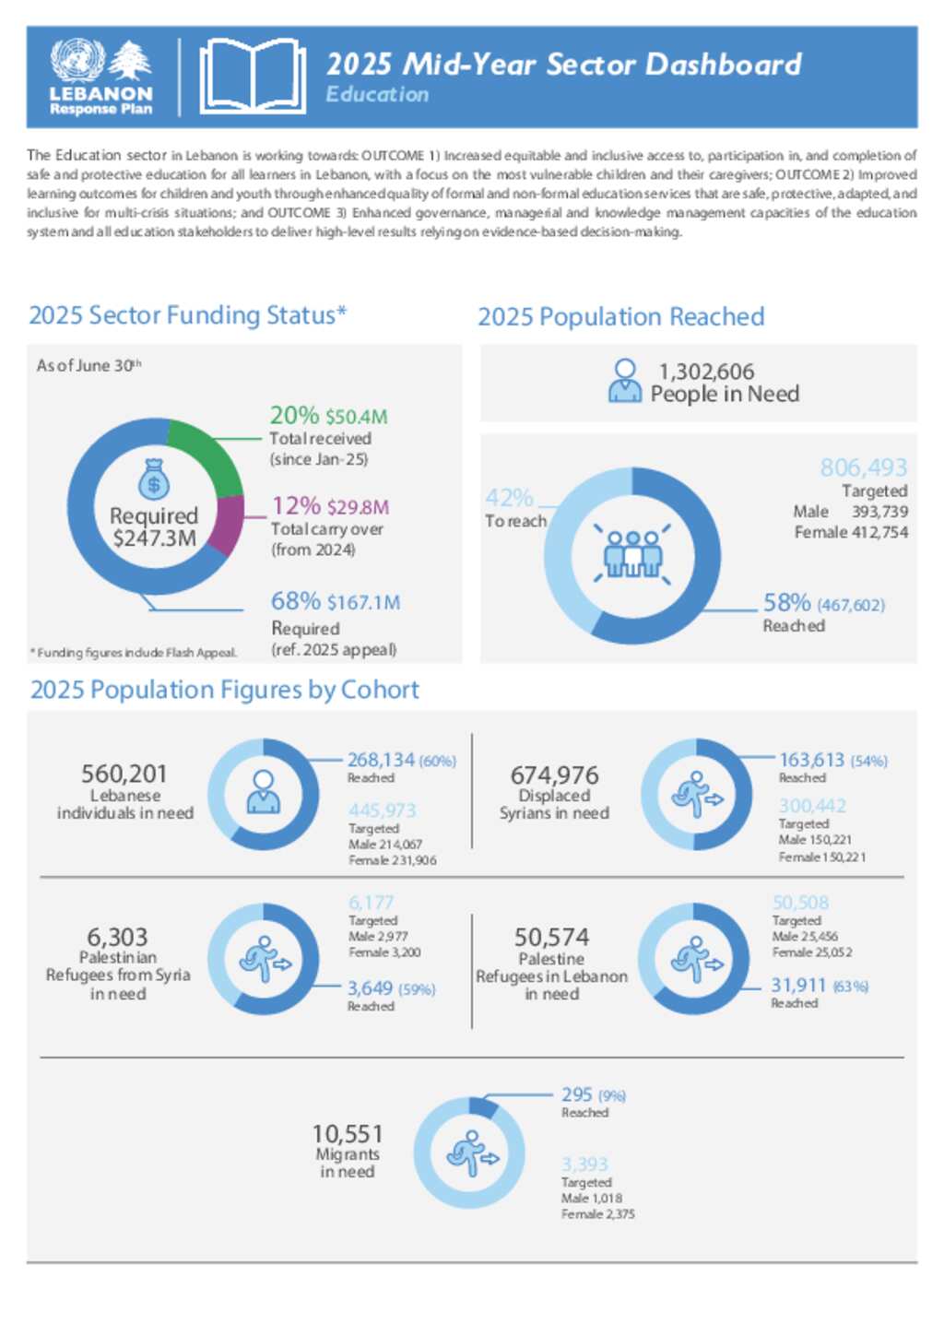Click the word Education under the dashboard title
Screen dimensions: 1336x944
pyautogui.click(x=377, y=95)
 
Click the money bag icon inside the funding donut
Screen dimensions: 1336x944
pyautogui.click(x=154, y=479)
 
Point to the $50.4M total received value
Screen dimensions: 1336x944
pyautogui.click(x=356, y=417)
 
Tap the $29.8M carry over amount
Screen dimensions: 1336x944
pyautogui.click(x=358, y=507)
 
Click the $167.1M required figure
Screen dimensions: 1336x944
pyautogui.click(x=363, y=603)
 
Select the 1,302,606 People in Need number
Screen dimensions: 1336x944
pyautogui.click(x=706, y=372)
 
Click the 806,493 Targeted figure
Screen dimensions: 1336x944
pyautogui.click(x=864, y=467)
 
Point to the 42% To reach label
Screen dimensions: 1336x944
pyautogui.click(x=509, y=499)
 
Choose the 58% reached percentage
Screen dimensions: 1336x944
pyautogui.click(x=786, y=603)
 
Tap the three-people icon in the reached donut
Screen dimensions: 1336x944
pyautogui.click(x=632, y=553)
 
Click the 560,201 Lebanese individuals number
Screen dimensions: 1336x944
pyautogui.click(x=124, y=774)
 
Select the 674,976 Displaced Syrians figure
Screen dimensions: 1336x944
pyautogui.click(x=554, y=774)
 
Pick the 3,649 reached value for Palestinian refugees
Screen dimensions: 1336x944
pyautogui.click(x=370, y=988)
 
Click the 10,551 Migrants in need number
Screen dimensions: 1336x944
pyautogui.click(x=347, y=1133)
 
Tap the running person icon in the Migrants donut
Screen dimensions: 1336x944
pyautogui.click(x=470, y=1153)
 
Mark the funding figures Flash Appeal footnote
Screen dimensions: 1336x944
pyautogui.click(x=134, y=653)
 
